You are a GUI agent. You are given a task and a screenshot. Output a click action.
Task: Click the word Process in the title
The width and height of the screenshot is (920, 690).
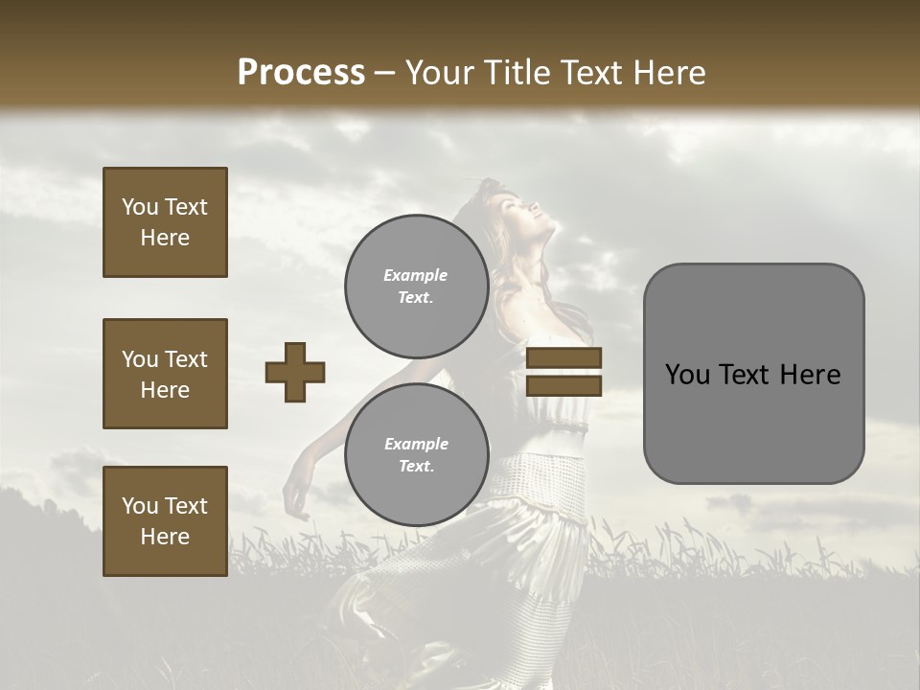tap(301, 73)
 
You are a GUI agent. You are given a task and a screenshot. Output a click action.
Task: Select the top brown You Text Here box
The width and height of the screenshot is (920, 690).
tap(165, 222)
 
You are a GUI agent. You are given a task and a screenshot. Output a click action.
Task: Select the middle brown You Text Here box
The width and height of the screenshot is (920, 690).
tap(165, 374)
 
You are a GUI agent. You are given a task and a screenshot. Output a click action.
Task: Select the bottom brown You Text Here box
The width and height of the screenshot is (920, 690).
tap(165, 520)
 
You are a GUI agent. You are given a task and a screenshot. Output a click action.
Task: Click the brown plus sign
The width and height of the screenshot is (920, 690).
tap(294, 372)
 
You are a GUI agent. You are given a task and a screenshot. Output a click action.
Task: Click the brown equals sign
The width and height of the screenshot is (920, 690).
tap(564, 372)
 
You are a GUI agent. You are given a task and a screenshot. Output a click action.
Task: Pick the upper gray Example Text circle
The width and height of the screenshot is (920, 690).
tap(416, 286)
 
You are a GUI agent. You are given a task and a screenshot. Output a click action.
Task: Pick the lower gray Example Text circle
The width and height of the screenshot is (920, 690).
tap(416, 454)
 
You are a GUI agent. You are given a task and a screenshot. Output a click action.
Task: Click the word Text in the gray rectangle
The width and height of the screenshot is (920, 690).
tap(747, 375)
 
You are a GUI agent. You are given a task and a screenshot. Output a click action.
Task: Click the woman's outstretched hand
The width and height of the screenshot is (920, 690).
tap(296, 498)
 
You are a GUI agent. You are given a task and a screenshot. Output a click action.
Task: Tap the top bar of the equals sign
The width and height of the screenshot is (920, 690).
tap(564, 358)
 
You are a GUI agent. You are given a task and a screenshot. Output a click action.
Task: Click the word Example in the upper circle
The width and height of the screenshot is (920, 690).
tap(416, 275)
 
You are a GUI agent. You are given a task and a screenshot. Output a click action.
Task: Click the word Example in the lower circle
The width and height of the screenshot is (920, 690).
tap(416, 444)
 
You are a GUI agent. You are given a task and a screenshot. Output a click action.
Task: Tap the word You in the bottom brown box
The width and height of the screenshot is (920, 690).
tap(139, 506)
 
